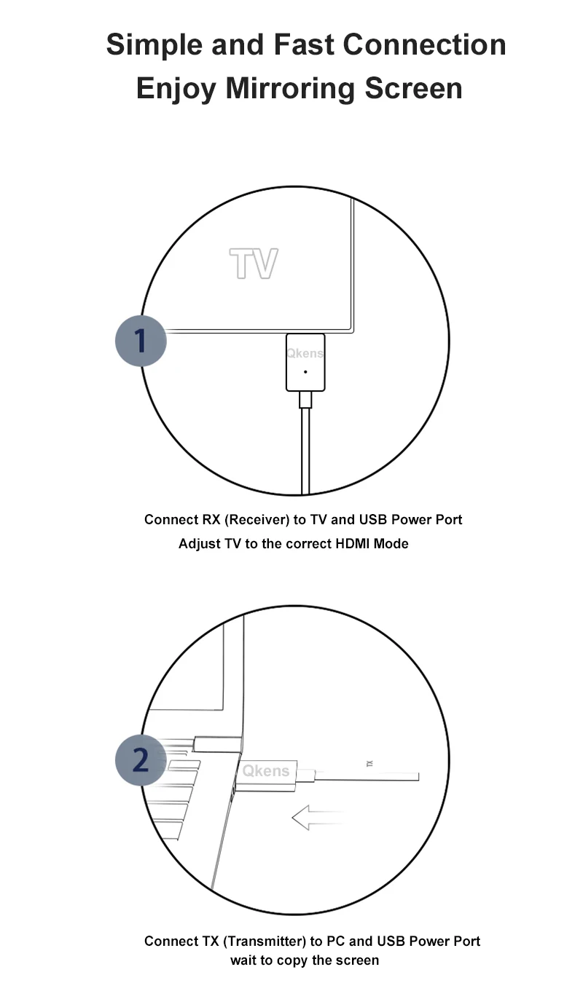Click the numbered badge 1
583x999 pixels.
tap(141, 341)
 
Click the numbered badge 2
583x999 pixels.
tap(141, 760)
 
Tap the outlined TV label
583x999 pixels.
tap(254, 264)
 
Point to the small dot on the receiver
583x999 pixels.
tap(305, 371)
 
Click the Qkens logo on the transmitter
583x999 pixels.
tap(265, 770)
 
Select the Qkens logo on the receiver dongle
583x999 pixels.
tap(305, 353)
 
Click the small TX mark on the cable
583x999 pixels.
tap(369, 764)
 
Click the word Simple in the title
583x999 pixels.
tap(154, 45)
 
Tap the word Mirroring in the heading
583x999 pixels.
tap(290, 89)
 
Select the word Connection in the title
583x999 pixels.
tap(424, 45)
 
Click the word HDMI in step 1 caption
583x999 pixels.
tap(353, 544)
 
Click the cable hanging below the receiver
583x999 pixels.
tap(306, 451)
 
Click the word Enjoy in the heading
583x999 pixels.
tap(176, 89)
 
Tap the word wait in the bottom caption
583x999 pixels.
tap(244, 960)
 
